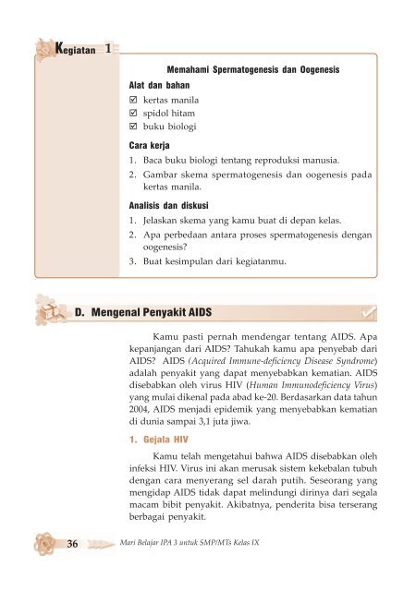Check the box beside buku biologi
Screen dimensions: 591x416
click(133, 125)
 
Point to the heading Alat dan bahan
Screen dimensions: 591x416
click(160, 83)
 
